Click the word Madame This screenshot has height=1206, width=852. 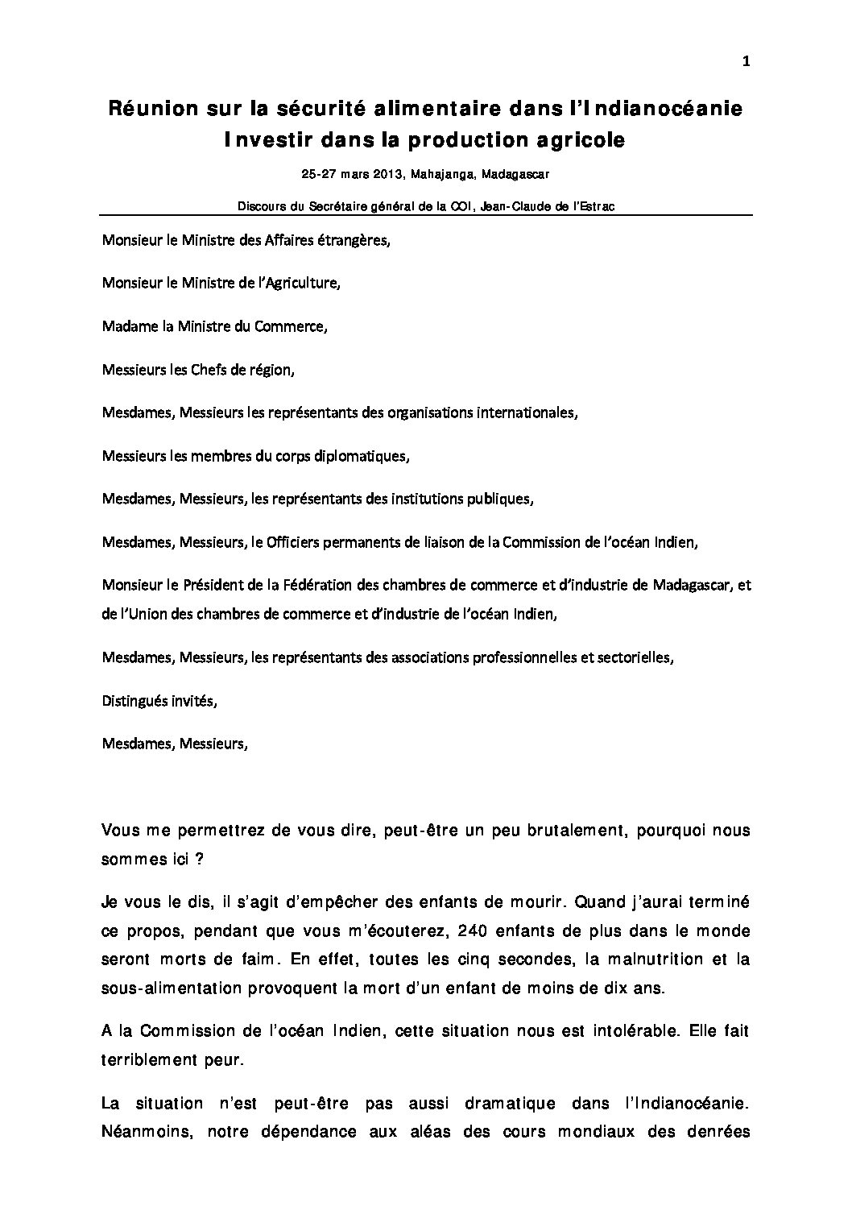(125, 326)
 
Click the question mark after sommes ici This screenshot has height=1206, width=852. (198, 859)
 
